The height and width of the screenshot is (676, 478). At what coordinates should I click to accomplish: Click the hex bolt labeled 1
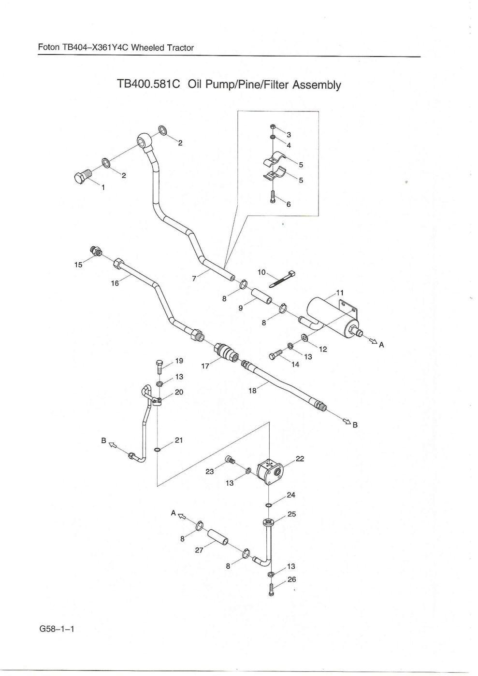(x=82, y=177)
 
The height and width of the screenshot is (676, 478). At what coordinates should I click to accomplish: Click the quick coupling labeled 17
(x=226, y=351)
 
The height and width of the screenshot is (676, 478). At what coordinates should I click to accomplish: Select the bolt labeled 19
(x=160, y=366)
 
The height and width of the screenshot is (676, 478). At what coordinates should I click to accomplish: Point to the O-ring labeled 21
(x=158, y=450)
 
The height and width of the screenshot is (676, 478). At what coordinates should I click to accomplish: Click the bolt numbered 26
(x=270, y=590)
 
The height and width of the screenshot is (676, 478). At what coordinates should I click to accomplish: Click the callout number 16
(x=115, y=283)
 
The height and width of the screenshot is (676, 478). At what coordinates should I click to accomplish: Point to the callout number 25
(x=291, y=514)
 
